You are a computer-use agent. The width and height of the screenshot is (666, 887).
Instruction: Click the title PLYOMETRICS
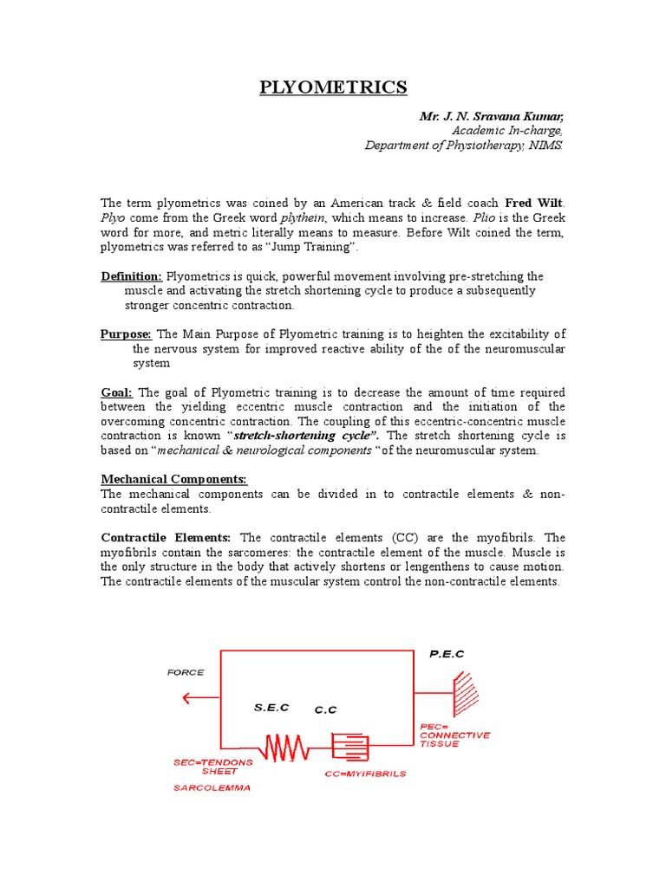pos(333,87)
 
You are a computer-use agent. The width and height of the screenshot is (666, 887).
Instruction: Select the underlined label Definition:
pos(132,276)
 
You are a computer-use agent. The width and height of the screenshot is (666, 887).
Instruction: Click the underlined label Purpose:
pos(127,334)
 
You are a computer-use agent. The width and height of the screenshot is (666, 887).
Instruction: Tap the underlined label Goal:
pos(117,392)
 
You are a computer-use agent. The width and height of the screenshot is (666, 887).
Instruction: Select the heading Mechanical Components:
pos(174,479)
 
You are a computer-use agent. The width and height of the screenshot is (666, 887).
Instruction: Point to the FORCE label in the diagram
pos(186,672)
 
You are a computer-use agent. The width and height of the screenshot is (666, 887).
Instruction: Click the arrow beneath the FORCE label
pos(202,696)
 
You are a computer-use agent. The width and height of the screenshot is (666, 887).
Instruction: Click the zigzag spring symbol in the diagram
pos(284,746)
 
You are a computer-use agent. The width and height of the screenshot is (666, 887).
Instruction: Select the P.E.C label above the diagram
pos(447,654)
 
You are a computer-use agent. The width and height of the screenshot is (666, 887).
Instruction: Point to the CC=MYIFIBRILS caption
pos(365,774)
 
